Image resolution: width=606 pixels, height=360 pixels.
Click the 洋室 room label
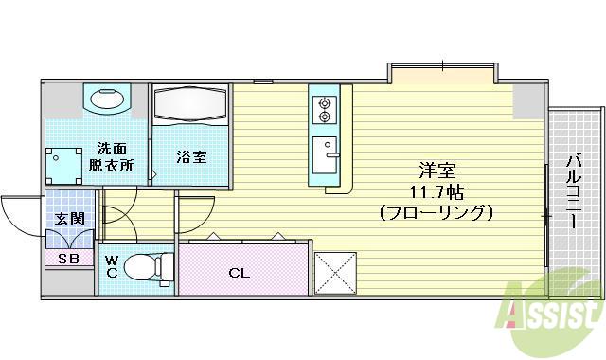click(x=438, y=171)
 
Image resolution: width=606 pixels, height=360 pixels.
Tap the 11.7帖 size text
click(x=437, y=191)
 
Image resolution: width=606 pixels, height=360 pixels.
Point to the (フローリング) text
click(x=437, y=212)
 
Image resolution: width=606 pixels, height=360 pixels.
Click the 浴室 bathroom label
click(x=190, y=157)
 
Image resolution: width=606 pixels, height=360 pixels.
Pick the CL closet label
click(x=240, y=273)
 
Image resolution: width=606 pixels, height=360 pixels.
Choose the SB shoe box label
click(x=68, y=258)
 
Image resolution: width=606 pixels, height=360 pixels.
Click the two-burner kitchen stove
click(x=325, y=109)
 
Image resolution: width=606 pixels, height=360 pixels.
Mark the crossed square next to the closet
click(x=335, y=272)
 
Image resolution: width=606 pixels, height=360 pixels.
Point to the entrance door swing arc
click(x=21, y=213)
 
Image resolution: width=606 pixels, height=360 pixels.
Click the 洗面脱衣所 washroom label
click(x=114, y=156)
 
